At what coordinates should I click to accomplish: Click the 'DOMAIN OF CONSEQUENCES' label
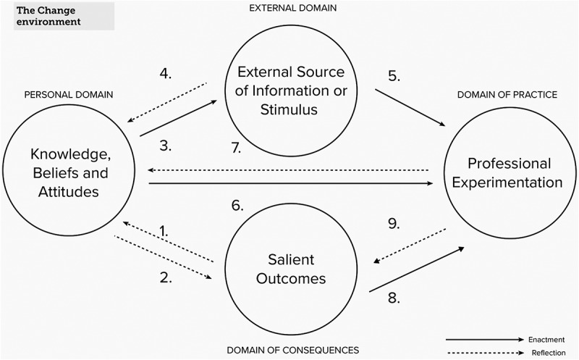coord(292,350)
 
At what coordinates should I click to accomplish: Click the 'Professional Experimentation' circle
coord(504,172)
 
